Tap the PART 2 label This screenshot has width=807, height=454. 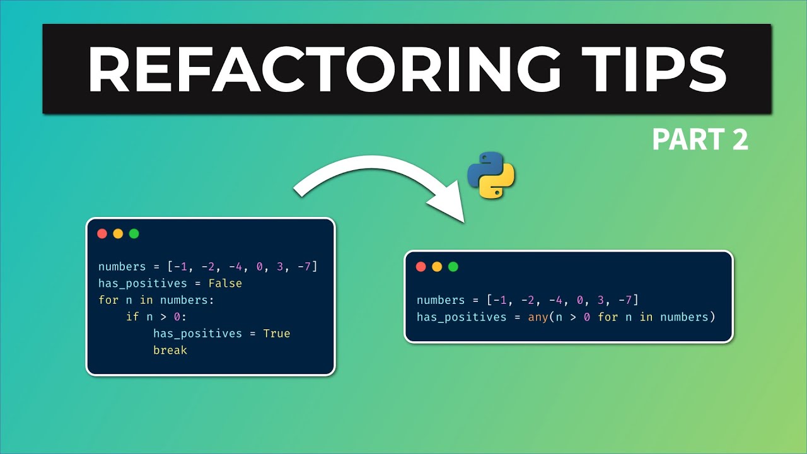pyautogui.click(x=700, y=140)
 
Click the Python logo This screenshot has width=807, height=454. pyautogui.click(x=491, y=175)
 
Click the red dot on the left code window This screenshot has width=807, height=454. pyautogui.click(x=102, y=234)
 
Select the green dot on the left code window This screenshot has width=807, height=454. pyautogui.click(x=134, y=234)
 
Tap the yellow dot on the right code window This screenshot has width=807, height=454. pyautogui.click(x=437, y=267)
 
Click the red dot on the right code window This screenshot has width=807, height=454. pyautogui.click(x=421, y=267)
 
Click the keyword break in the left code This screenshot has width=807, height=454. pyautogui.click(x=170, y=350)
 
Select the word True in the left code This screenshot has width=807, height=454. pyautogui.click(x=276, y=333)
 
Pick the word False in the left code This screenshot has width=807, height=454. pyautogui.click(x=225, y=283)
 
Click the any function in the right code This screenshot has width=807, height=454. pyautogui.click(x=538, y=317)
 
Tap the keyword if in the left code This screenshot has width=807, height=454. pyautogui.click(x=132, y=317)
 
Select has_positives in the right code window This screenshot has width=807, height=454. pyautogui.click(x=462, y=317)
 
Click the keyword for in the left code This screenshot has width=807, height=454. pyautogui.click(x=108, y=300)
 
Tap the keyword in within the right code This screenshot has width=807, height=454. pyautogui.click(x=646, y=317)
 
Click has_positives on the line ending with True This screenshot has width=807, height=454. pyautogui.click(x=198, y=333)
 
